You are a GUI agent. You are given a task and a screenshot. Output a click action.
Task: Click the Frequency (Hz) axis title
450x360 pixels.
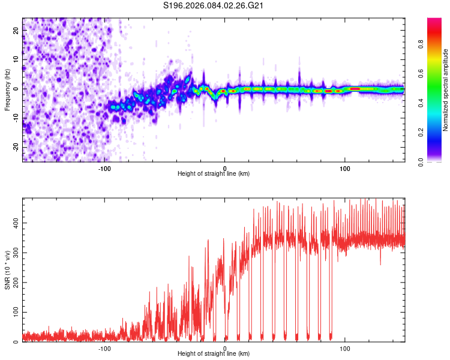coord(7,90)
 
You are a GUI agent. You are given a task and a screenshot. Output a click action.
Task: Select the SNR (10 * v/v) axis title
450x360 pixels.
coord(7,271)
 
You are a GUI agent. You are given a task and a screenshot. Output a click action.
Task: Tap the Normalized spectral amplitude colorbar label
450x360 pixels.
coord(446,90)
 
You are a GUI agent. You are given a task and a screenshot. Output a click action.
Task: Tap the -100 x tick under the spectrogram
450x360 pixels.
coord(104,167)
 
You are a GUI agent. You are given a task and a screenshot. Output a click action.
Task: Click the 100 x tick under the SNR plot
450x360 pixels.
coord(345,347)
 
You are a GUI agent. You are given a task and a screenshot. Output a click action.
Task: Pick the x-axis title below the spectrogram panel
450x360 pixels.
coord(214,174)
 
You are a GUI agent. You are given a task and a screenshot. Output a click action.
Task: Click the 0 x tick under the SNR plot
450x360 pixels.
coord(225,347)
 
